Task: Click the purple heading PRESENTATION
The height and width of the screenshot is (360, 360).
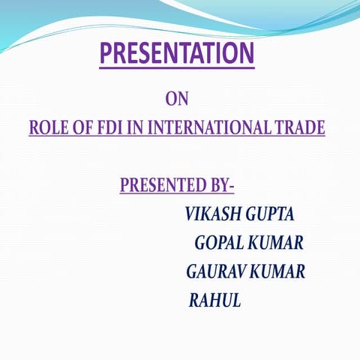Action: tap(177, 54)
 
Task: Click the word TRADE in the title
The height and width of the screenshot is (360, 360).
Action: tap(298, 127)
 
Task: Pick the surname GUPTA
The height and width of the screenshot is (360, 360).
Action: tap(270, 214)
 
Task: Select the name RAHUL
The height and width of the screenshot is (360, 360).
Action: tap(214, 301)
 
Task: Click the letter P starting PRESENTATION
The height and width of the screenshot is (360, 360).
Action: tap(106, 54)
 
